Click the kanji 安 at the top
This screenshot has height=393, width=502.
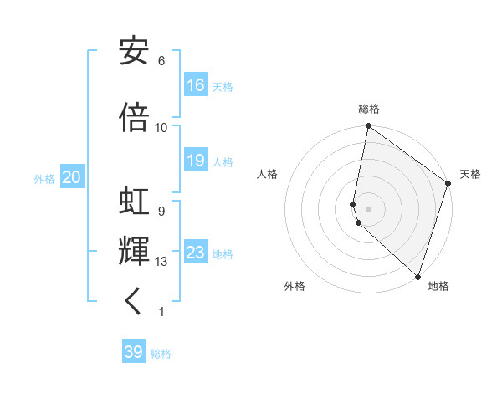click(x=134, y=51)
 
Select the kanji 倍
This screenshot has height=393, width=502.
click(x=134, y=118)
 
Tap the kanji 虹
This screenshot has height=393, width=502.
click(x=134, y=203)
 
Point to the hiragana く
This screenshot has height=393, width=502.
click(x=134, y=302)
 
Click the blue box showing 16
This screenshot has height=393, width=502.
click(x=196, y=85)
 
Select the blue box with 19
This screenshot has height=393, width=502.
click(x=196, y=161)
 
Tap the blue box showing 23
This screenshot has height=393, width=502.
click(x=196, y=253)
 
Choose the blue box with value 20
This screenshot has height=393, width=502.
click(x=71, y=177)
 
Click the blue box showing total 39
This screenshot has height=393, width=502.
click(x=134, y=352)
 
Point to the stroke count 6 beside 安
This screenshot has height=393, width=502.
click(x=161, y=61)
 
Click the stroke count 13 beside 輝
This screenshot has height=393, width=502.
click(x=161, y=262)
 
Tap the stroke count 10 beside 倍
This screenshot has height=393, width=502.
click(x=161, y=128)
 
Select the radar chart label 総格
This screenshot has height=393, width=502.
click(x=369, y=109)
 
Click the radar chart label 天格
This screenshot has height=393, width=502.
click(x=470, y=174)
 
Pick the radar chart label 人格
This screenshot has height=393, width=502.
click(x=267, y=174)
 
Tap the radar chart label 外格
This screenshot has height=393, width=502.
click(x=295, y=286)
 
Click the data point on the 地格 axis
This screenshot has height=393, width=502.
click(x=417, y=276)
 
